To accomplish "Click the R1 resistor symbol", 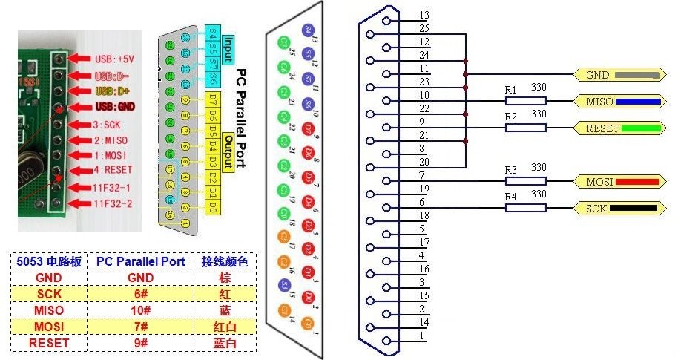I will pyautogui.click(x=525, y=101).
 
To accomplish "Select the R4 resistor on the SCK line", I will pyautogui.click(x=525, y=208).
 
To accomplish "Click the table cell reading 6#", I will pyautogui.click(x=140, y=294).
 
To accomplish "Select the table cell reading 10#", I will pyautogui.click(x=140, y=310).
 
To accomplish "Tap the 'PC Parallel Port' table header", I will pyautogui.click(x=140, y=261).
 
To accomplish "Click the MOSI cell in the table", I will pyautogui.click(x=49, y=327).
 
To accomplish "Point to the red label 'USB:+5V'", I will pyautogui.click(x=113, y=58).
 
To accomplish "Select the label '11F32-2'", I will pyautogui.click(x=111, y=202).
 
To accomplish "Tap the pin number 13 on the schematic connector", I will pyautogui.click(x=424, y=15).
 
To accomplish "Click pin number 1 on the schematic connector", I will pyautogui.click(x=423, y=336).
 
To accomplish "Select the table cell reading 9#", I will pyautogui.click(x=140, y=343).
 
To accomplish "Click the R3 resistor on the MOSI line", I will pyautogui.click(x=525, y=181).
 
